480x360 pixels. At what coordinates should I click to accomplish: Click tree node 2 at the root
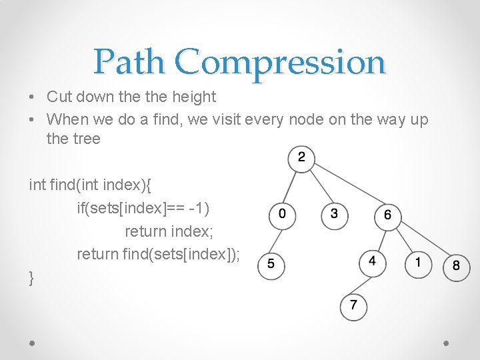(x=301, y=159)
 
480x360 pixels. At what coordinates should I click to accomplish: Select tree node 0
(x=281, y=215)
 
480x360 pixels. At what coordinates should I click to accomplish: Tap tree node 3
(x=334, y=215)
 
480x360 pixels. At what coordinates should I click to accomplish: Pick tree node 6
(x=387, y=216)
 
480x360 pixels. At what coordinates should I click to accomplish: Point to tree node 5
(x=270, y=265)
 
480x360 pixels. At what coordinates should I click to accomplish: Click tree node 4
(x=372, y=262)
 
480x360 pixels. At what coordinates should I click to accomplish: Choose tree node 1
(x=418, y=263)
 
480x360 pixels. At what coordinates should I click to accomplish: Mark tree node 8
(x=456, y=266)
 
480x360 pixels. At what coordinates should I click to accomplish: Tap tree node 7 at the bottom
(x=353, y=306)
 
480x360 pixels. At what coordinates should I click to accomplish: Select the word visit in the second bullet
(x=225, y=120)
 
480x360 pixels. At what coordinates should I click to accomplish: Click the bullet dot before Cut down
(x=33, y=97)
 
